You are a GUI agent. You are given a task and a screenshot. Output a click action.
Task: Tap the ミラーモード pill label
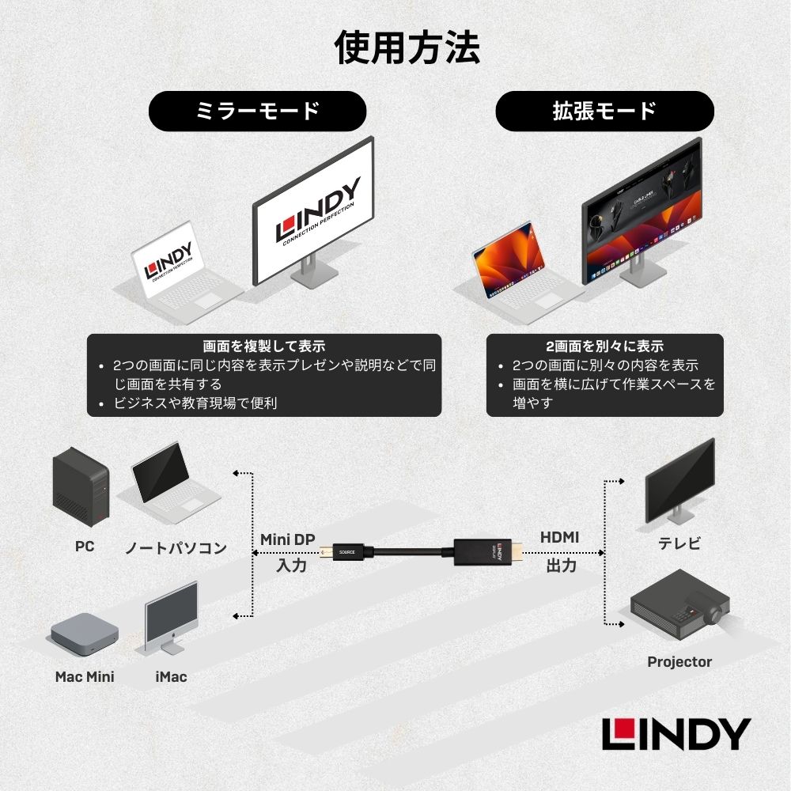click(x=257, y=111)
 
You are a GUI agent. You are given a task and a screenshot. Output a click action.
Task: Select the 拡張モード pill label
click(x=604, y=111)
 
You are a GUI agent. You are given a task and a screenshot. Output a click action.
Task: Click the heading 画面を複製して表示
click(x=263, y=346)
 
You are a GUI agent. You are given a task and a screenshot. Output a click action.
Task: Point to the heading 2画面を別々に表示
click(x=604, y=346)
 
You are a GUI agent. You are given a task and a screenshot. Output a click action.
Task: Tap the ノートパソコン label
click(x=176, y=547)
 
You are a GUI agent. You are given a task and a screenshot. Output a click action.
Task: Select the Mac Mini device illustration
click(x=85, y=633)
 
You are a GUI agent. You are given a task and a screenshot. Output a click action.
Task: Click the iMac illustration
click(x=170, y=617)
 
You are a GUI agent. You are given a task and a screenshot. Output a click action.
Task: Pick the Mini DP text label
click(x=287, y=539)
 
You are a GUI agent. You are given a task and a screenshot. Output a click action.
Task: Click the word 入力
click(x=291, y=566)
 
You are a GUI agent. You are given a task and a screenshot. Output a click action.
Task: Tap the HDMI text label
click(x=559, y=538)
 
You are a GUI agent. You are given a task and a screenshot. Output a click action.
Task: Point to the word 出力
click(x=560, y=566)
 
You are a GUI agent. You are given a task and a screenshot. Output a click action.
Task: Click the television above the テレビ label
click(x=679, y=483)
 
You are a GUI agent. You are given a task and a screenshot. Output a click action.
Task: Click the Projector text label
click(x=679, y=662)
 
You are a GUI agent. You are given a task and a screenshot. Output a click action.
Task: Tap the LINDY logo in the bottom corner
click(x=676, y=735)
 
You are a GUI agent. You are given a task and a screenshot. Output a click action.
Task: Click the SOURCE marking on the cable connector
click(x=346, y=552)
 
